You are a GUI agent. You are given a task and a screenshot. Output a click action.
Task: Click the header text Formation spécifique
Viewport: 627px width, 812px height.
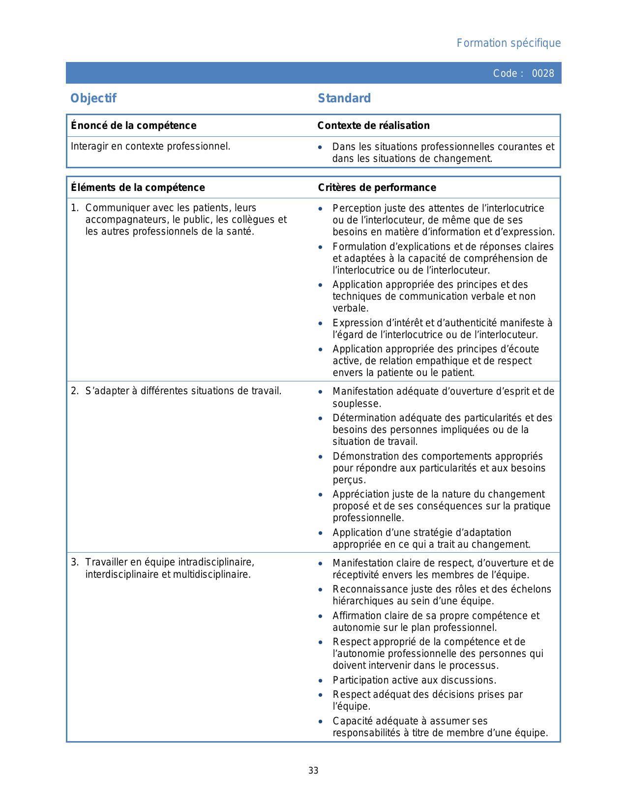tap(508, 43)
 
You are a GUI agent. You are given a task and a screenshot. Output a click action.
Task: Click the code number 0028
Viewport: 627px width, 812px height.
tap(543, 73)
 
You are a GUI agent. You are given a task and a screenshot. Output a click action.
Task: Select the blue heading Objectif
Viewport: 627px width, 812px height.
tap(93, 98)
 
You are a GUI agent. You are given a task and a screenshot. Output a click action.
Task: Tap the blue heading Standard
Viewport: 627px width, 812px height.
tap(344, 98)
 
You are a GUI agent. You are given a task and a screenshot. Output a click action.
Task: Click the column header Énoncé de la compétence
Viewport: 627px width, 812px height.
tap(134, 125)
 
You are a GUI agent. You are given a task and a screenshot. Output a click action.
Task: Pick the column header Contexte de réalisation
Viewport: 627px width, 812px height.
tap(373, 125)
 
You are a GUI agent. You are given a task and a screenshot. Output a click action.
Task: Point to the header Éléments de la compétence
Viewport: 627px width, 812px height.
tap(138, 187)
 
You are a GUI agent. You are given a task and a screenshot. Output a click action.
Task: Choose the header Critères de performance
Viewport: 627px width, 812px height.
tap(377, 187)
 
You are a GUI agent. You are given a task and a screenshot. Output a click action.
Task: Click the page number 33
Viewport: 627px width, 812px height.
tap(313, 771)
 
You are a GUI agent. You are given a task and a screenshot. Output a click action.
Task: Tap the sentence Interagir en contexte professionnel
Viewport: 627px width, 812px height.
tap(150, 146)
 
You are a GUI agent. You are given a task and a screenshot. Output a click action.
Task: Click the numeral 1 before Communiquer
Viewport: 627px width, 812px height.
tap(74, 208)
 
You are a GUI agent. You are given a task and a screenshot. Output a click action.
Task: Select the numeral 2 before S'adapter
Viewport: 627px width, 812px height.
tap(74, 391)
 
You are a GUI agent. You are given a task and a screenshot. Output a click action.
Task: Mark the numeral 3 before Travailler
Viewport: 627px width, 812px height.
tap(74, 562)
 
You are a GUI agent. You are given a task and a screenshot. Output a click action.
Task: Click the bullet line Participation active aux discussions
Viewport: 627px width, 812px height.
tap(414, 680)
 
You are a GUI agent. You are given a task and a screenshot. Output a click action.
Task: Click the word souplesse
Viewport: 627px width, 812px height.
tap(357, 404)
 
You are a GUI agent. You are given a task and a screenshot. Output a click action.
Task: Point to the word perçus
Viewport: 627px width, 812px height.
tap(349, 480)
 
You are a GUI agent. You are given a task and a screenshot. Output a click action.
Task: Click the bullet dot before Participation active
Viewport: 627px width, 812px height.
tap(321, 681)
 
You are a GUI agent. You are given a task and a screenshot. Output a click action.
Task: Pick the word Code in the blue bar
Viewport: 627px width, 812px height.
tap(505, 73)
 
